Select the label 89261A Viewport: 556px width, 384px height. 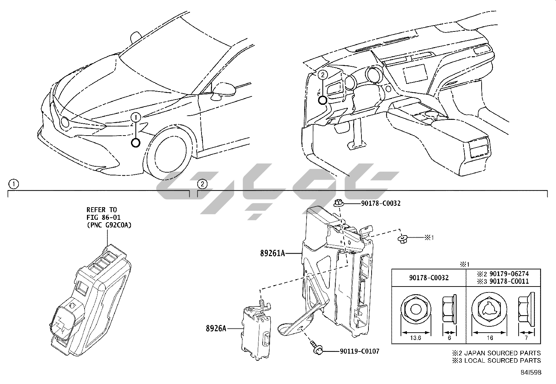[272, 253]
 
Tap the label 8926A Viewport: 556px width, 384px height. [215, 328]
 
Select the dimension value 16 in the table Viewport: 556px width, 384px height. [490, 338]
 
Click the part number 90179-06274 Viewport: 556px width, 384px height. [509, 274]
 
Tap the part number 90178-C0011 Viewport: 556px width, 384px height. [509, 281]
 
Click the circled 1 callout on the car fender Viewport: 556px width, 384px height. [136, 117]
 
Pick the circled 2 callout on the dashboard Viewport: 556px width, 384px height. [323, 74]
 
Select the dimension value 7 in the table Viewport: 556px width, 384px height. [526, 338]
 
